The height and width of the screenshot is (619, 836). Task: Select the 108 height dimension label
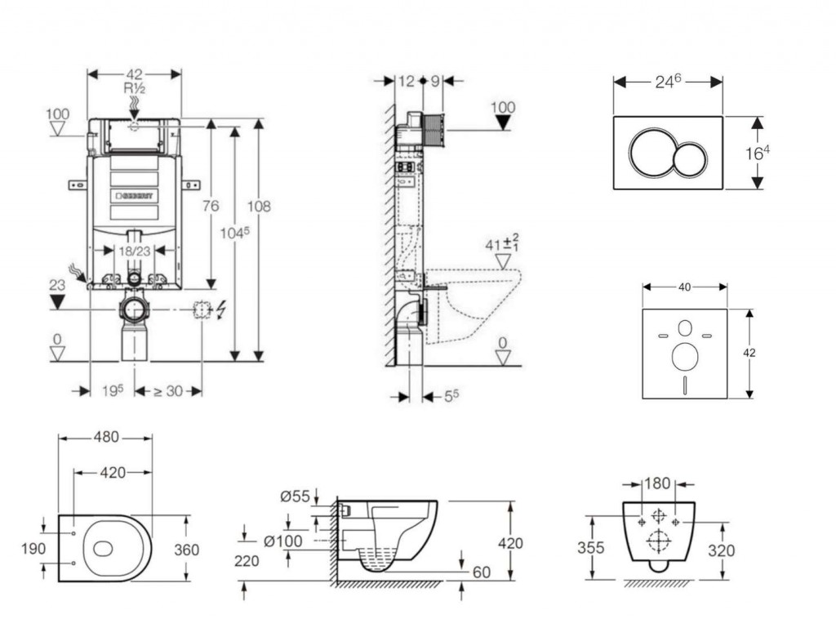pos(260,207)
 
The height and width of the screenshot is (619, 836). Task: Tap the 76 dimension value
pos(211,207)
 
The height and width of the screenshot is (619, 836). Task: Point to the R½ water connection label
pos(134,88)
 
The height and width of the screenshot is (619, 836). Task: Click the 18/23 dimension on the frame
pos(134,252)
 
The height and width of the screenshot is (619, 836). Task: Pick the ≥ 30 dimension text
pos(168,391)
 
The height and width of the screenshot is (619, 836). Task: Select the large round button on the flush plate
pos(651,153)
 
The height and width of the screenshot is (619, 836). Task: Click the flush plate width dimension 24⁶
pos(668,81)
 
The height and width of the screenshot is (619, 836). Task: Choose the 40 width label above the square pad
pos(684,287)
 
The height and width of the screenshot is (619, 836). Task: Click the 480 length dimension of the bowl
pos(104,438)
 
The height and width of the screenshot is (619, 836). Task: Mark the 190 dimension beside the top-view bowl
pos(33,549)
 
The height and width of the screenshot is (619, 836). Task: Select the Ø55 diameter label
pos(294,497)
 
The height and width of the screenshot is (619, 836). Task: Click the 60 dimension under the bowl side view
pos(482,572)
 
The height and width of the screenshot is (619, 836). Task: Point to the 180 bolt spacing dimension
pos(657,483)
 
